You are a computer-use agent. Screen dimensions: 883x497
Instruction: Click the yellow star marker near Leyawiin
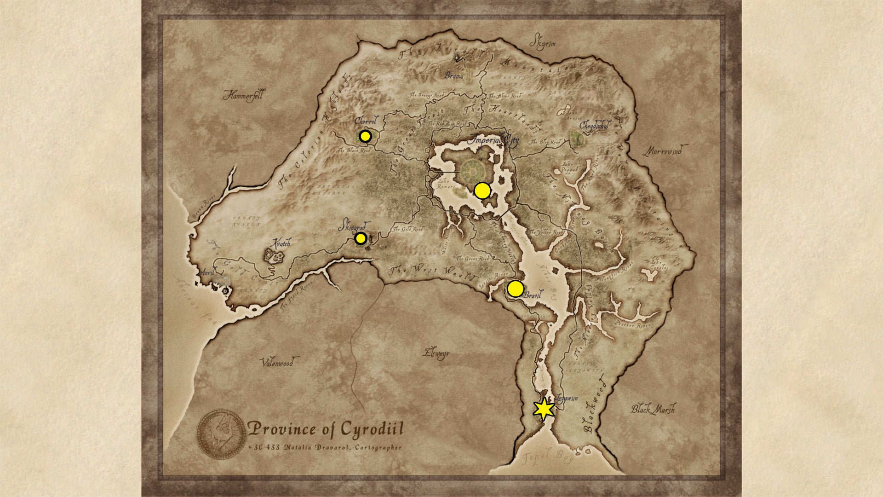544,409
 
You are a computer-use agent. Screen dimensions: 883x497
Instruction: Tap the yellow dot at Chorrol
365,136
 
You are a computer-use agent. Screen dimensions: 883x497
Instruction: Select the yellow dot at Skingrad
361,238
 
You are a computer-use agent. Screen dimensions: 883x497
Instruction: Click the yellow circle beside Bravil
515,289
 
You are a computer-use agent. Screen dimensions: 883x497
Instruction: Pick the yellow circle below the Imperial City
482,191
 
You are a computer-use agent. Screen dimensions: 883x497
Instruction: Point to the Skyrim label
543,42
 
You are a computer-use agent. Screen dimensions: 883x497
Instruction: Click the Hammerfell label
243,95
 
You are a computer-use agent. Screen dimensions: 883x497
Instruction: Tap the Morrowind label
665,150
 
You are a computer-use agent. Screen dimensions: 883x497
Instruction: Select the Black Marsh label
653,409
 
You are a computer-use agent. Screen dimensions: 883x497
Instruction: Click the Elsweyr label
436,353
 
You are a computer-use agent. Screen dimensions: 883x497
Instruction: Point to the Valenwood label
278,363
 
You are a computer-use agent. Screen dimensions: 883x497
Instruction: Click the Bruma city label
453,75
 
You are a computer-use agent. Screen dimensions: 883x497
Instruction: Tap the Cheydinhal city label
595,125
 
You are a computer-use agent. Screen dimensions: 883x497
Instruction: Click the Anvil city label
207,272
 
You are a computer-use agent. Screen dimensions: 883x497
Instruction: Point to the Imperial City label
493,140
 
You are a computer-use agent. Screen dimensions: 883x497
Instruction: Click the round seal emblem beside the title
222,434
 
